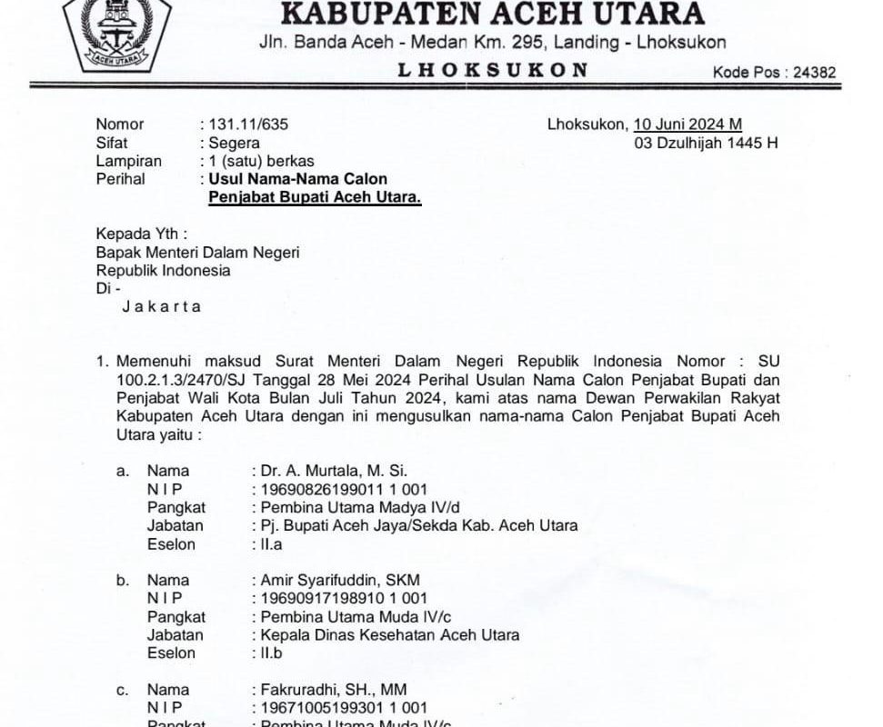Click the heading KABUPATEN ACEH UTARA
click(492, 14)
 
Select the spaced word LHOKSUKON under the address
click(493, 70)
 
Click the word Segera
click(235, 143)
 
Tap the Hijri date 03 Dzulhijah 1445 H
click(707, 143)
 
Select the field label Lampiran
click(129, 161)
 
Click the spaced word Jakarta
click(162, 306)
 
